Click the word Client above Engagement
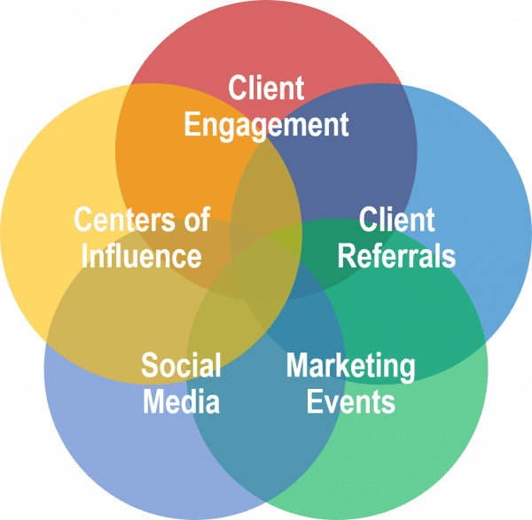click(x=266, y=89)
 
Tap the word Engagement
click(x=266, y=124)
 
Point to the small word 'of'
click(x=192, y=219)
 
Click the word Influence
click(x=141, y=256)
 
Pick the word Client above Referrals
click(x=396, y=219)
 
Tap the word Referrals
click(x=396, y=256)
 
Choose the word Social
click(x=181, y=365)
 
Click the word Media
click(x=181, y=402)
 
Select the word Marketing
click(x=350, y=365)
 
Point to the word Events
click(x=350, y=402)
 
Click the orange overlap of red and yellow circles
click(x=168, y=133)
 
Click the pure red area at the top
click(x=266, y=44)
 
